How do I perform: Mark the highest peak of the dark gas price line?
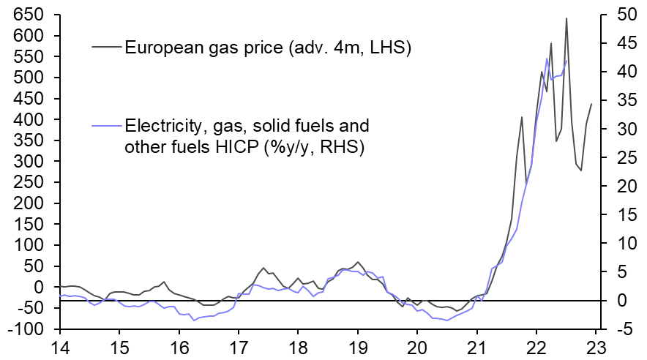(x=566, y=19)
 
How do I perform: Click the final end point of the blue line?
(x=566, y=61)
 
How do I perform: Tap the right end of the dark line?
(x=591, y=104)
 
